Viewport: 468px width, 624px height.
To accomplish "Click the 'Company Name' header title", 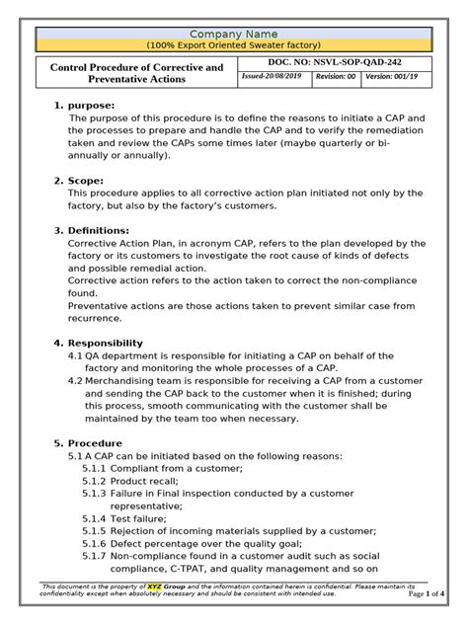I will (x=233, y=35).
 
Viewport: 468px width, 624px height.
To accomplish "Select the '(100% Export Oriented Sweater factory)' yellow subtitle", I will (x=233, y=46).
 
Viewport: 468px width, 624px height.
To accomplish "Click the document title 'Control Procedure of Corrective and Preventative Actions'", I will (x=136, y=74).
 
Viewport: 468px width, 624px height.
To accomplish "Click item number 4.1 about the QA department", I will (x=75, y=355).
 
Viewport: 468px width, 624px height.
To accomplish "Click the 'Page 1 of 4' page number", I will (x=429, y=593).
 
